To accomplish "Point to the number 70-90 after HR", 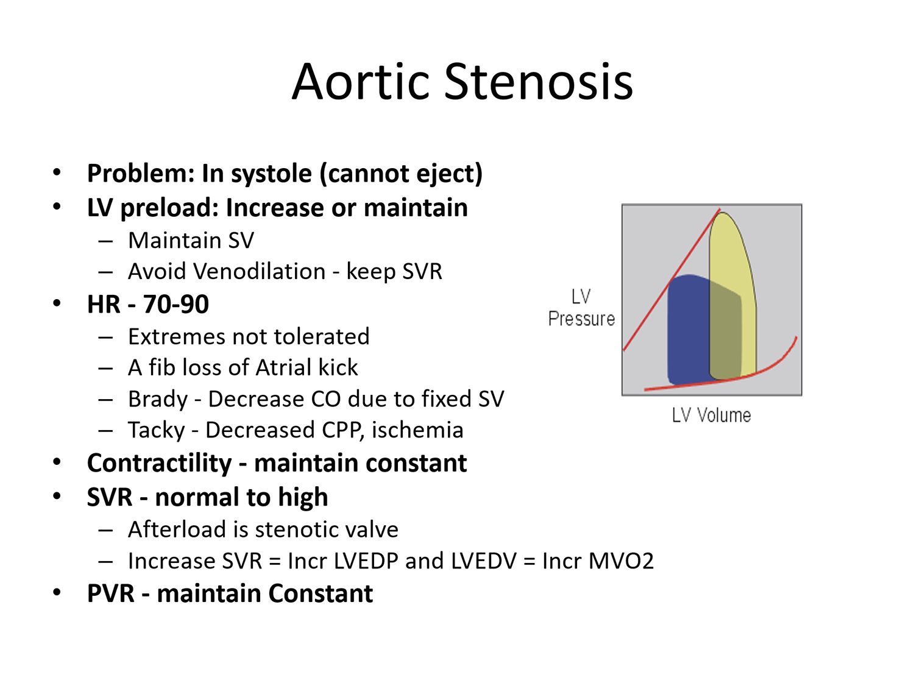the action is (175, 304).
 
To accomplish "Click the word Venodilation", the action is (259, 271).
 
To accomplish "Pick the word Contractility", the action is (159, 463).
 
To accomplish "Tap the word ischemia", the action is (417, 430).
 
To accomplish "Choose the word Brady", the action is (158, 399).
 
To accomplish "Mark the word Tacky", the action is (157, 430).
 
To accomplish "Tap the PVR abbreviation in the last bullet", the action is (111, 593).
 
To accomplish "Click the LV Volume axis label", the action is (711, 416).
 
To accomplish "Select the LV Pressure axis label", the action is (581, 308).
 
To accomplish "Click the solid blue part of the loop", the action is (688, 329).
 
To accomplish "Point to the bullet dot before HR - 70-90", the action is (57, 303).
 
